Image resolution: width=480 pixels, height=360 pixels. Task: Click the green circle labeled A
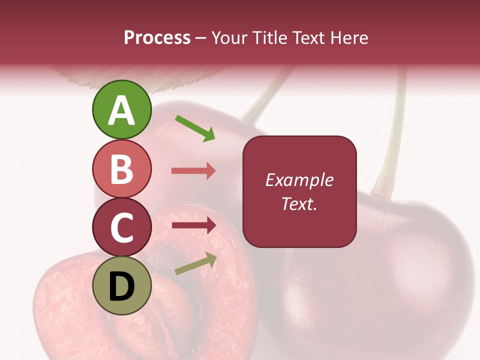(121, 109)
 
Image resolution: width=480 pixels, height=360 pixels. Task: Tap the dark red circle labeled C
(121, 227)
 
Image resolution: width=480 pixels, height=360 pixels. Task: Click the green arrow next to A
(195, 128)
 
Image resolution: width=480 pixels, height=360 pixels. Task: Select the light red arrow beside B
(193, 171)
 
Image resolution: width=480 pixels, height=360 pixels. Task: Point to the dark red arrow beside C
(193, 225)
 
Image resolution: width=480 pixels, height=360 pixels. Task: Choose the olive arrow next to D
(195, 264)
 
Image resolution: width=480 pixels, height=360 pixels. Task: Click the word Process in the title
(157, 38)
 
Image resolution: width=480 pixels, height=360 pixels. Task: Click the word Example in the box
(299, 180)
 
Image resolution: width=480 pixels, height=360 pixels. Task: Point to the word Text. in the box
(299, 203)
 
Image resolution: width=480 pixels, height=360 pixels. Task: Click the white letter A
(122, 111)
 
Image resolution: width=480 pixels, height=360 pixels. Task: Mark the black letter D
(121, 286)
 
